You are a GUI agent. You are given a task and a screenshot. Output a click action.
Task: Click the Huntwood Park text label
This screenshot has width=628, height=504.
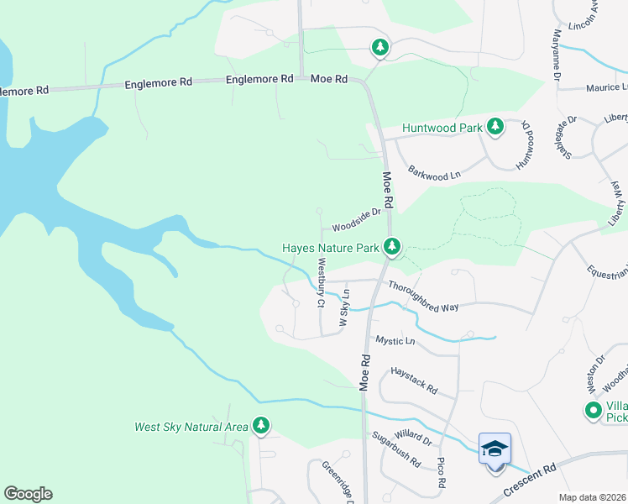pyautogui.click(x=442, y=128)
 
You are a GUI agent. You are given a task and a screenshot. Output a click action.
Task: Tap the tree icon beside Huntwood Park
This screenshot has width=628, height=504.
pyautogui.click(x=495, y=127)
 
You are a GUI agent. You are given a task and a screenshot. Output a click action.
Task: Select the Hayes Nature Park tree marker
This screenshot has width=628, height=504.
pyautogui.click(x=391, y=247)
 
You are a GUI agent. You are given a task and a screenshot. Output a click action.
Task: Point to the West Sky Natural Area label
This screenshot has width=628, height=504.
pyautogui.click(x=191, y=427)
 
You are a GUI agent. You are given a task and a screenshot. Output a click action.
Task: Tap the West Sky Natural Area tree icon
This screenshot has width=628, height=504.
pyautogui.click(x=262, y=427)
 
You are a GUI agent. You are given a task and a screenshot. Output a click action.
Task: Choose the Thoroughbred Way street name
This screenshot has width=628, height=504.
pyautogui.click(x=423, y=297)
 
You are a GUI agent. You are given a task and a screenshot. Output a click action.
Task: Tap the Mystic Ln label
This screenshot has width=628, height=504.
pyautogui.click(x=395, y=341)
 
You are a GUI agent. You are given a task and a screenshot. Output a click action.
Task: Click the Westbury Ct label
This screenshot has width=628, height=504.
pyautogui.click(x=321, y=283)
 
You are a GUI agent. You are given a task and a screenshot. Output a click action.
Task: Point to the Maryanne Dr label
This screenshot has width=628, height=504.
pyautogui.click(x=556, y=54)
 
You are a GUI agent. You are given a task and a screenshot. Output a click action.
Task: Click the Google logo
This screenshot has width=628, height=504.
pyautogui.click(x=28, y=494)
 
